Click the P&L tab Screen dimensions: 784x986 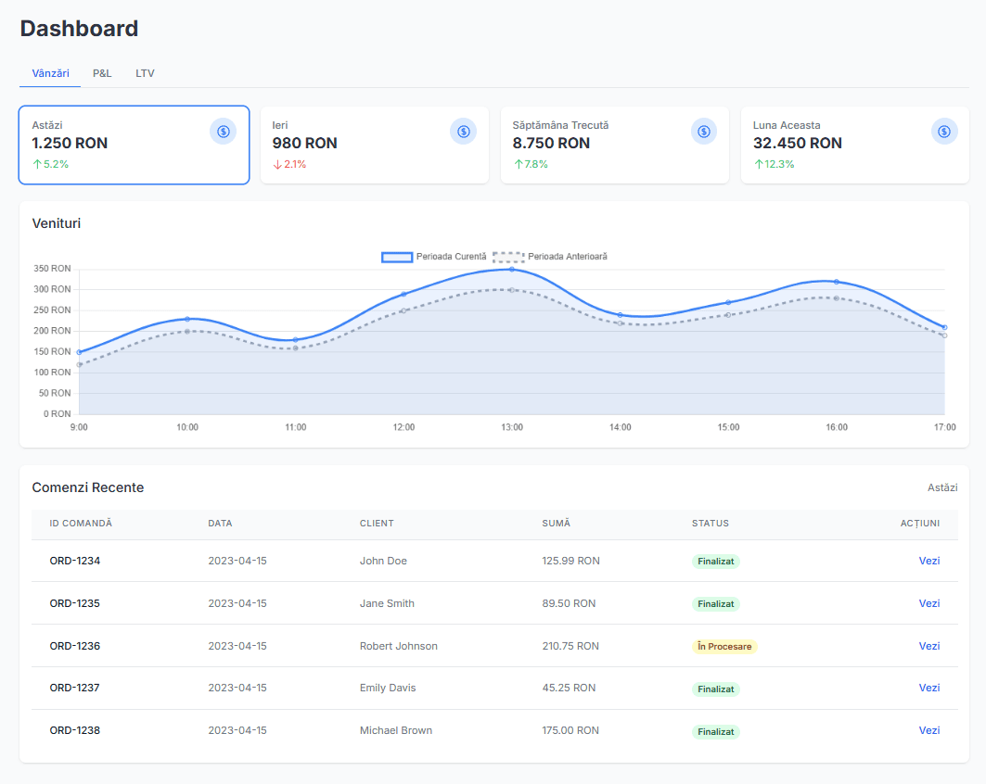[x=102, y=73]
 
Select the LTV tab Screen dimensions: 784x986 [x=145, y=73]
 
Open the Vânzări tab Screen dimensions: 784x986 [x=50, y=73]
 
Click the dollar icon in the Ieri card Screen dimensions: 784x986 [x=463, y=132]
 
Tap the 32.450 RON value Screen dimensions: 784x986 [x=797, y=143]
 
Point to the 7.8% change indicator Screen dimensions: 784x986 [x=531, y=164]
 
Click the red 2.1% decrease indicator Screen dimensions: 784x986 [x=289, y=164]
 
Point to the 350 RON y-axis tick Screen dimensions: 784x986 [x=52, y=269]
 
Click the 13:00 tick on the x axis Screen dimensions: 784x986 [x=512, y=427]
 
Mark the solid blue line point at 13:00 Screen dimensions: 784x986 [x=512, y=269]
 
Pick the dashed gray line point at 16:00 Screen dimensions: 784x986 [x=837, y=298]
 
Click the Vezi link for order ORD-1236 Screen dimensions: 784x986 [x=928, y=646]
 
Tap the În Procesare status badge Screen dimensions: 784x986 [x=724, y=646]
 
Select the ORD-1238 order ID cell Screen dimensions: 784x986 [x=75, y=730]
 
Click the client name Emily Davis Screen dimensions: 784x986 [x=388, y=688]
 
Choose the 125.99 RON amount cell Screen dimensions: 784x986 [x=570, y=561]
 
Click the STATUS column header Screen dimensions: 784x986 [x=710, y=524]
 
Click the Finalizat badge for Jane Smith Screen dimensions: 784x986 [x=715, y=603]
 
